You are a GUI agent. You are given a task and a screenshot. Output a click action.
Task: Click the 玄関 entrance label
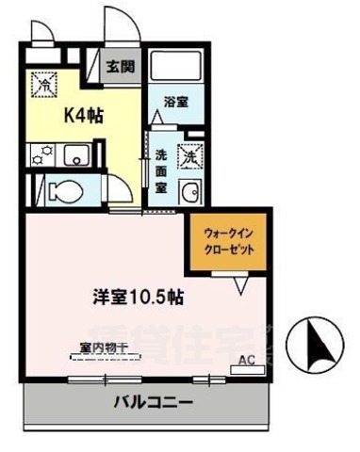[x=118, y=67]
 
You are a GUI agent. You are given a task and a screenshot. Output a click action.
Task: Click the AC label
[x=244, y=359]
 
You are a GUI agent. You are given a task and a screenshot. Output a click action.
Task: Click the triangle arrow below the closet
[x=239, y=282]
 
